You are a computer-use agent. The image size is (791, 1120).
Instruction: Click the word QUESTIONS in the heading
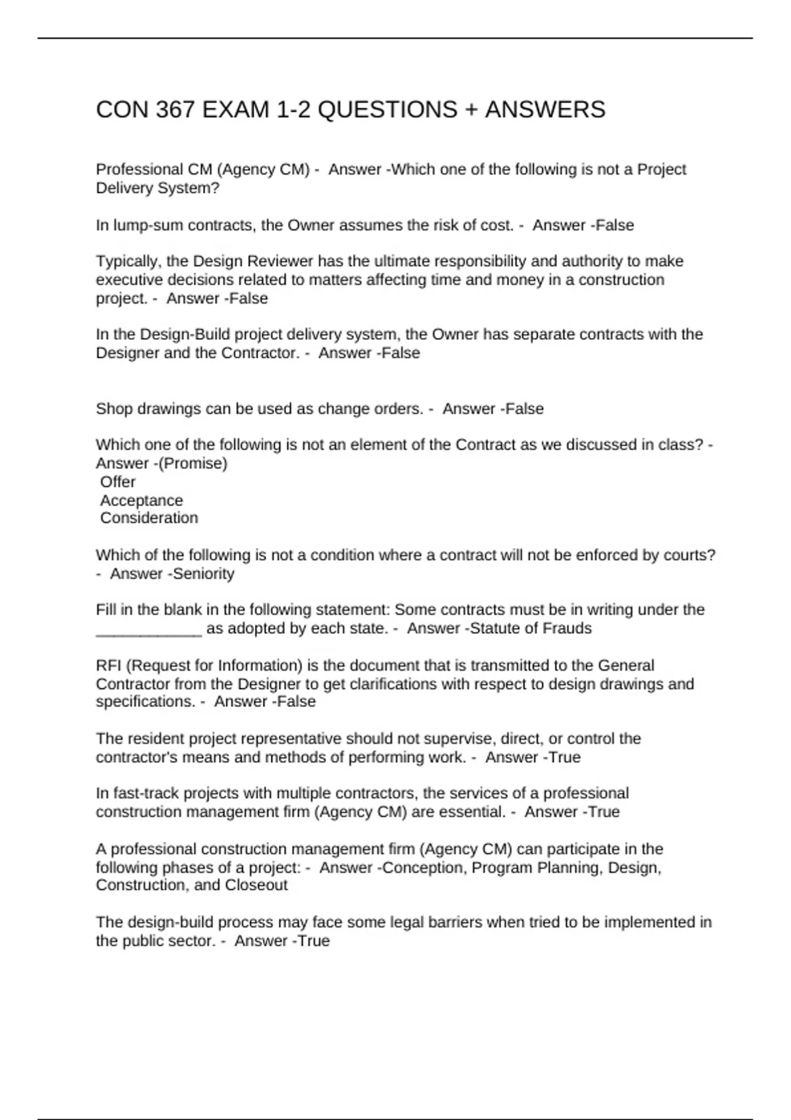pyautogui.click(x=387, y=109)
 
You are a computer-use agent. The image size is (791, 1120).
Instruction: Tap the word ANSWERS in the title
pyautogui.click(x=544, y=109)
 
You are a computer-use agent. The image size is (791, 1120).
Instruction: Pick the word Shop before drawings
pyautogui.click(x=113, y=409)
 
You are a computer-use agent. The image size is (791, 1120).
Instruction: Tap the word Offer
pyautogui.click(x=118, y=482)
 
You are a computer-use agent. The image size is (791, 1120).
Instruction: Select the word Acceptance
pyautogui.click(x=141, y=501)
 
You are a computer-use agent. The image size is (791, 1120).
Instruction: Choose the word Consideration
pyautogui.click(x=149, y=518)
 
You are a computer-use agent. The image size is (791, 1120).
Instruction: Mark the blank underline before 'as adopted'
pyautogui.click(x=148, y=629)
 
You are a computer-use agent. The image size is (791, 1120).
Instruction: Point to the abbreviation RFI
pyautogui.click(x=109, y=665)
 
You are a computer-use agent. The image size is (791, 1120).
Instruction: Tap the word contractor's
pyautogui.click(x=136, y=758)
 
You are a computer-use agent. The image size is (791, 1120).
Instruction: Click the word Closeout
pyautogui.click(x=256, y=885)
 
